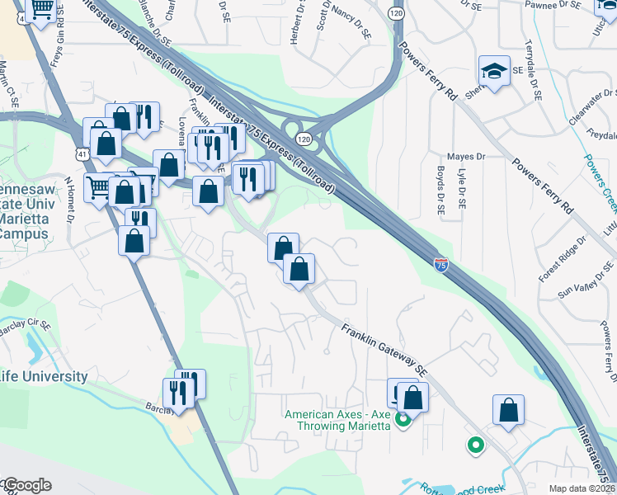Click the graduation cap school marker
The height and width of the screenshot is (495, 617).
tap(495, 70)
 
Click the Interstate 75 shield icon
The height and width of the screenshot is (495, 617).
tap(442, 264)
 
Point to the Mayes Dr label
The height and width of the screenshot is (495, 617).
tap(465, 156)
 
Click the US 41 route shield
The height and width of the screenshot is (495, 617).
tap(79, 153)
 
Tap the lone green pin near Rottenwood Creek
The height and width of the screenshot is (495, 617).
tap(475, 446)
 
